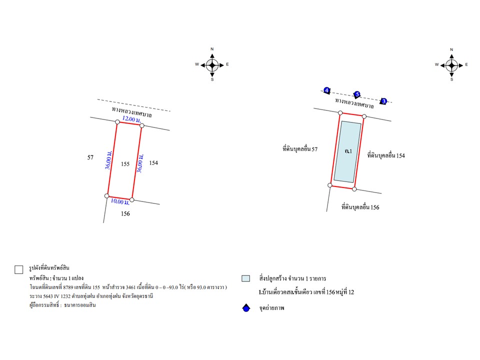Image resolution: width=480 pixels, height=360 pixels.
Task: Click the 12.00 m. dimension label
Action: click(x=131, y=119)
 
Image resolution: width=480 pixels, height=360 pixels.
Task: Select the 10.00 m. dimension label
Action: click(x=120, y=201)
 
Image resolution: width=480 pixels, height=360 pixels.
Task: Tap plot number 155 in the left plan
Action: click(x=125, y=164)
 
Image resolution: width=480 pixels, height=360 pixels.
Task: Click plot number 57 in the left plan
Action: click(x=90, y=157)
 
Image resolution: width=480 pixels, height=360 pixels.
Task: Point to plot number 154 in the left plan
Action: click(x=153, y=163)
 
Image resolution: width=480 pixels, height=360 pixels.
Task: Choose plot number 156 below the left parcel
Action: click(x=125, y=213)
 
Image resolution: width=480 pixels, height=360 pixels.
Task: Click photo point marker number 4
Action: click(x=326, y=90)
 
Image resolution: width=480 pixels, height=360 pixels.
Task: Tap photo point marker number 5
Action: click(x=357, y=94)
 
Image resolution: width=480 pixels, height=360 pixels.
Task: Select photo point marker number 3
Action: click(x=383, y=101)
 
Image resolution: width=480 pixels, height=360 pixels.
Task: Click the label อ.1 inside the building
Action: click(x=348, y=151)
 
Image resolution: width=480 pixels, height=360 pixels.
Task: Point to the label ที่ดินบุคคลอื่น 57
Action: click(x=300, y=149)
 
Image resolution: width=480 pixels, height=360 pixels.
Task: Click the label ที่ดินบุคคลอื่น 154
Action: click(x=386, y=155)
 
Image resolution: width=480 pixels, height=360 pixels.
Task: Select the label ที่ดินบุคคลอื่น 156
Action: click(x=360, y=207)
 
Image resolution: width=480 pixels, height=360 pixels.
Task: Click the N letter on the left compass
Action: click(x=212, y=49)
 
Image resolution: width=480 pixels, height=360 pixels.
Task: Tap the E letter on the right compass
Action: click(x=466, y=64)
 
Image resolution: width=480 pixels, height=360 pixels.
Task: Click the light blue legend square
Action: click(x=246, y=278)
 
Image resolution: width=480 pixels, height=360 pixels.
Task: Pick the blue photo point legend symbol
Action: click(x=246, y=308)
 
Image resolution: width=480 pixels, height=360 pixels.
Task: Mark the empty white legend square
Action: click(x=19, y=269)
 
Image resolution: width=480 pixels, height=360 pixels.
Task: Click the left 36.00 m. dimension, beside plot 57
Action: click(x=108, y=160)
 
